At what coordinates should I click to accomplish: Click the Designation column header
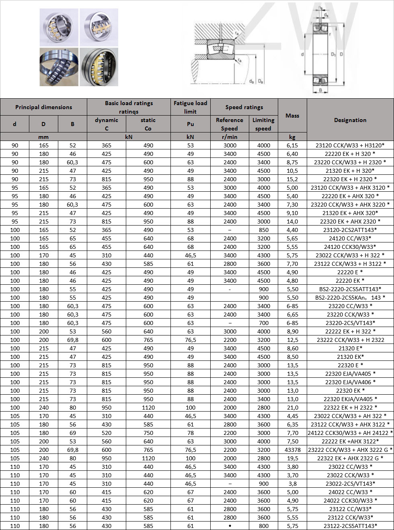pos(350,120)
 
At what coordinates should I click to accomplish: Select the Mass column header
pos(292,116)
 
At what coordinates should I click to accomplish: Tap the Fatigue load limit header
pos(190,107)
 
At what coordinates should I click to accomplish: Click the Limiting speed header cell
pos(263,124)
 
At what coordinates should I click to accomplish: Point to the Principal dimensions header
pos(43,107)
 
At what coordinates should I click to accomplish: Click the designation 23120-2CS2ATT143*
pos(350,230)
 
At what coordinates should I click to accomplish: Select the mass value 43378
pos(292,450)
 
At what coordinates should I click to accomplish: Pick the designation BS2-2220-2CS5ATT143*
pos(350,289)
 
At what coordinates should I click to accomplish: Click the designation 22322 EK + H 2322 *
pos(350,408)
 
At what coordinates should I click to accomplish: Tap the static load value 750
pos(148,433)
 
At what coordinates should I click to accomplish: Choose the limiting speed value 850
pos(263,230)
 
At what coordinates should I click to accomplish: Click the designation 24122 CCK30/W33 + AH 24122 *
pos(350,433)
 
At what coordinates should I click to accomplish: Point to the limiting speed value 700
pos(263,323)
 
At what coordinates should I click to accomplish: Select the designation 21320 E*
pos(350,348)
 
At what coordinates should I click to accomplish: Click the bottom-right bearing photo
pos(99,67)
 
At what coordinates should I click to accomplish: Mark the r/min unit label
pos(230,137)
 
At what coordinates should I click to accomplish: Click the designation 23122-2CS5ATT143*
pos(350,526)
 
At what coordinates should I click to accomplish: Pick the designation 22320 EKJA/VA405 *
pos(350,399)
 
